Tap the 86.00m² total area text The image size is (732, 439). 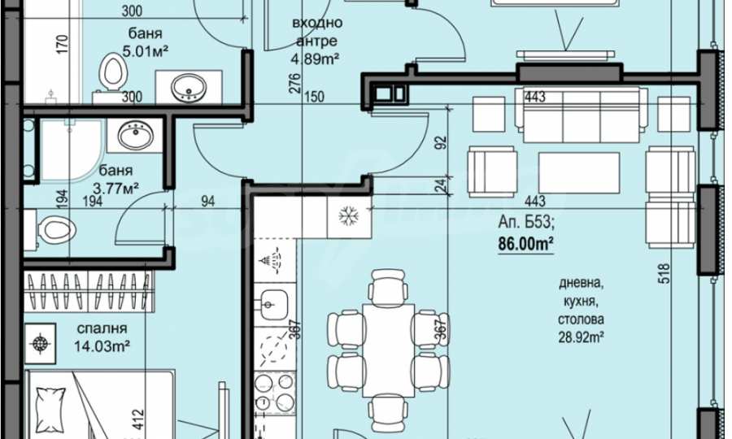pyautogui.click(x=525, y=244)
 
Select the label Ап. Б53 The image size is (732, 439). pyautogui.click(x=526, y=223)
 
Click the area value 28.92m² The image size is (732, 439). pyautogui.click(x=582, y=337)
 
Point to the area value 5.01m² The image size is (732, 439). pyautogui.click(x=145, y=51)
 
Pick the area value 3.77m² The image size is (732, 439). pyautogui.click(x=115, y=189)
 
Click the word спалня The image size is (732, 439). pyautogui.click(x=102, y=328)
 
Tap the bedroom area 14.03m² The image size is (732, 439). pyautogui.click(x=102, y=346)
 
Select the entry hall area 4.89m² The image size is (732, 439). pyautogui.click(x=315, y=59)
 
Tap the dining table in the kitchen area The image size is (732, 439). pyautogui.click(x=389, y=350)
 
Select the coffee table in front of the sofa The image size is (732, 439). pyautogui.click(x=579, y=172)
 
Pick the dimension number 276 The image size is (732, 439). pyautogui.click(x=295, y=83)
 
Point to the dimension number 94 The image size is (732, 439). pyautogui.click(x=207, y=201)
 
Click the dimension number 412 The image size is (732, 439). pyautogui.click(x=137, y=419)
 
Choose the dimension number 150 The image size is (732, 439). pyautogui.click(x=314, y=97)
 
